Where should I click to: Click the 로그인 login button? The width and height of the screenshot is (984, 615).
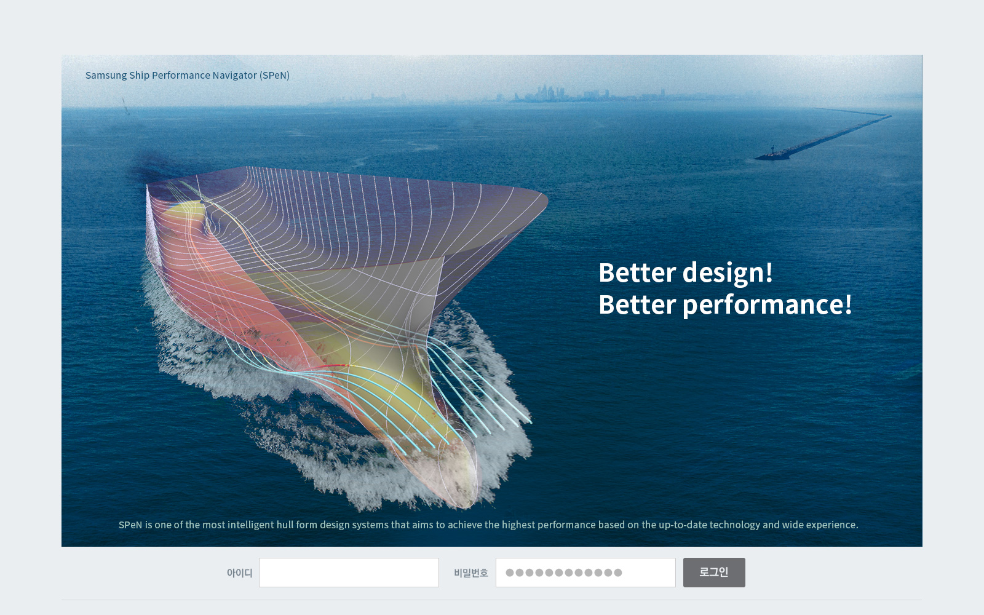coord(714,573)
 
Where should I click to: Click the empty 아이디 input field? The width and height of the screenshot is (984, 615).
coord(349,573)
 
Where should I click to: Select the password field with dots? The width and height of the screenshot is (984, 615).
coord(585,573)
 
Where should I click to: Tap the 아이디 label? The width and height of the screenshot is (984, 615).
coord(239,573)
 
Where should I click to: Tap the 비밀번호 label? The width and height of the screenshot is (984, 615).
coord(471,573)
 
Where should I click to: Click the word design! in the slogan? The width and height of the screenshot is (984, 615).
coord(728,273)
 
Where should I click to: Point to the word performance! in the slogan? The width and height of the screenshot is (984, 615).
coord(767,305)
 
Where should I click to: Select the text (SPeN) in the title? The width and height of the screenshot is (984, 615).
coord(274,75)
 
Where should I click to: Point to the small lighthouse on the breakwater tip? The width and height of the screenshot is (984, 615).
coord(772,150)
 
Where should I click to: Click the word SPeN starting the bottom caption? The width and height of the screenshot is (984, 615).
coord(130,525)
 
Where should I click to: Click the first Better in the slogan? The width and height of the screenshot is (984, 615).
coord(637,273)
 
